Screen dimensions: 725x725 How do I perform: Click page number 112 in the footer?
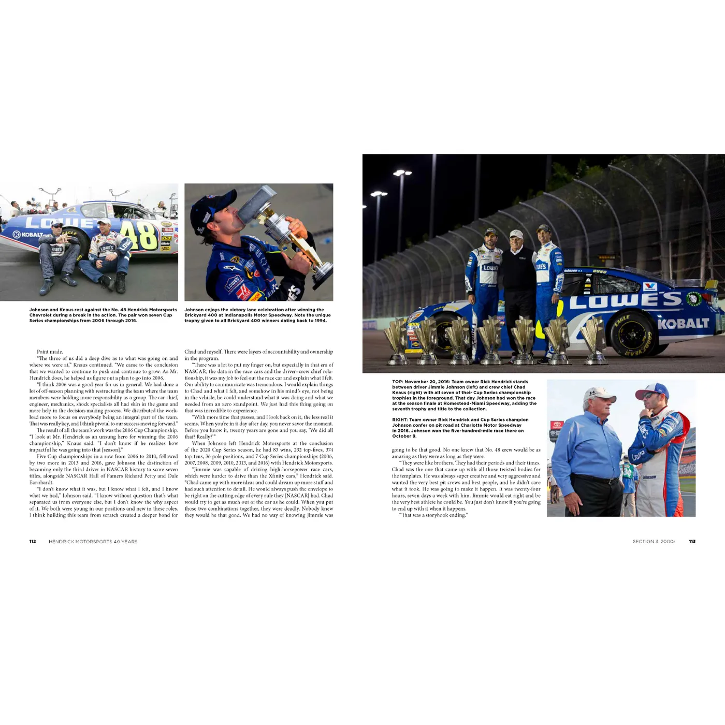33,542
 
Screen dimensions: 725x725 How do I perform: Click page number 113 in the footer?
692,542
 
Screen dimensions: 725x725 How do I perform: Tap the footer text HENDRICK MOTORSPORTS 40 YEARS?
93,542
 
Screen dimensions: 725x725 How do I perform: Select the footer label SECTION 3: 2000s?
654,542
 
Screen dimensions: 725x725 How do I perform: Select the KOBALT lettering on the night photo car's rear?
683,324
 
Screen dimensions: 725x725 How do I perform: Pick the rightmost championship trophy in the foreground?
594,339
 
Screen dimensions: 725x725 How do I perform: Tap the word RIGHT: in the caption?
401,420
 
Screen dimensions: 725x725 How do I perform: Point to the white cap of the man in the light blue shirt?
598,396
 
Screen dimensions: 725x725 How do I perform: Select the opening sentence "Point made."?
50,352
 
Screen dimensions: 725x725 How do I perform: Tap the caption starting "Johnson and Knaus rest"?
103,315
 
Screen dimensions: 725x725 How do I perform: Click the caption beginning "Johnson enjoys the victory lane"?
257,315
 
